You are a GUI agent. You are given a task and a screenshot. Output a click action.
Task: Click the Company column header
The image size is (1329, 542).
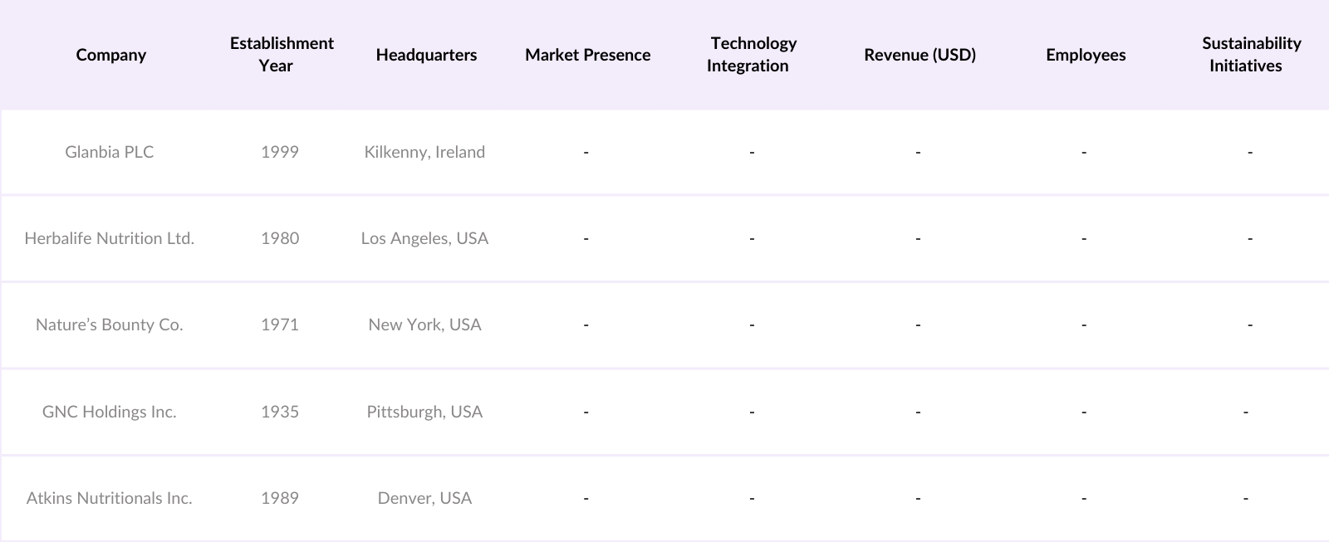coord(110,55)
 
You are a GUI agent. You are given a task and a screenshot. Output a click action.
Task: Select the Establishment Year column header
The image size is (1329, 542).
coord(282,54)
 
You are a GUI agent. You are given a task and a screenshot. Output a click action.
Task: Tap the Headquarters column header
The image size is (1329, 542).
coord(426,55)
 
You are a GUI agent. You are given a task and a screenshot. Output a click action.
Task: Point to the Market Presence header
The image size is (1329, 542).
coord(587,55)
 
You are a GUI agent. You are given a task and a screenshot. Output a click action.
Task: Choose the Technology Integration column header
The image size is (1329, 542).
coord(752,54)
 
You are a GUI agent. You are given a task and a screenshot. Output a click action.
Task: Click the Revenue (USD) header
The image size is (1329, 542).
coord(920,55)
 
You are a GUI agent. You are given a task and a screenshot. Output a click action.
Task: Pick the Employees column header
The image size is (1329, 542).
coord(1086,55)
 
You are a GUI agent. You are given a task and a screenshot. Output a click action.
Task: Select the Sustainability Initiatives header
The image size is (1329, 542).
coord(1250,54)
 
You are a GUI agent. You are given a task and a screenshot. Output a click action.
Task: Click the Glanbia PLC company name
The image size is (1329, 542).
coord(110,152)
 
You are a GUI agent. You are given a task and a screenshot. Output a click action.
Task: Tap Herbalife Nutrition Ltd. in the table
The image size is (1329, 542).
coord(110,238)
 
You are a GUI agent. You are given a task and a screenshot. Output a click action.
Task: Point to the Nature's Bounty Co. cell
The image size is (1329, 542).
coord(110,325)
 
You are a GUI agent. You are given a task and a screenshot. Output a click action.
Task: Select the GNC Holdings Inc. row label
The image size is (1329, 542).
coord(110,412)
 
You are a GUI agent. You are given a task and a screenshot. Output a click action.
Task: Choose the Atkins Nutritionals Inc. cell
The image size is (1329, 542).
coord(110,498)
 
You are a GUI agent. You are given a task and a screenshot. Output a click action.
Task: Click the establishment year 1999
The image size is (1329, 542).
coord(280,152)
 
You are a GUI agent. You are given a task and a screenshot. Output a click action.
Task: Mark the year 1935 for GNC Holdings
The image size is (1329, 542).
coord(280,412)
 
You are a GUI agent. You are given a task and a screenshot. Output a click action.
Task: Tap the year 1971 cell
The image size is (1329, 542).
coord(280,325)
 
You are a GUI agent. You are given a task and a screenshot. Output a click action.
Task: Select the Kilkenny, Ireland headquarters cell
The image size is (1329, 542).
coord(424,152)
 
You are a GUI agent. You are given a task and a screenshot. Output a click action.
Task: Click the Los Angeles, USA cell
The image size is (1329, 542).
coord(424,238)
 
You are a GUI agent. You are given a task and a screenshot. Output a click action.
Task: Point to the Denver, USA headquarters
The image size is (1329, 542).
coord(424,498)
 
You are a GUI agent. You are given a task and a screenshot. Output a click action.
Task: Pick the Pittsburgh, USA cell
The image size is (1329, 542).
coord(424,412)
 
